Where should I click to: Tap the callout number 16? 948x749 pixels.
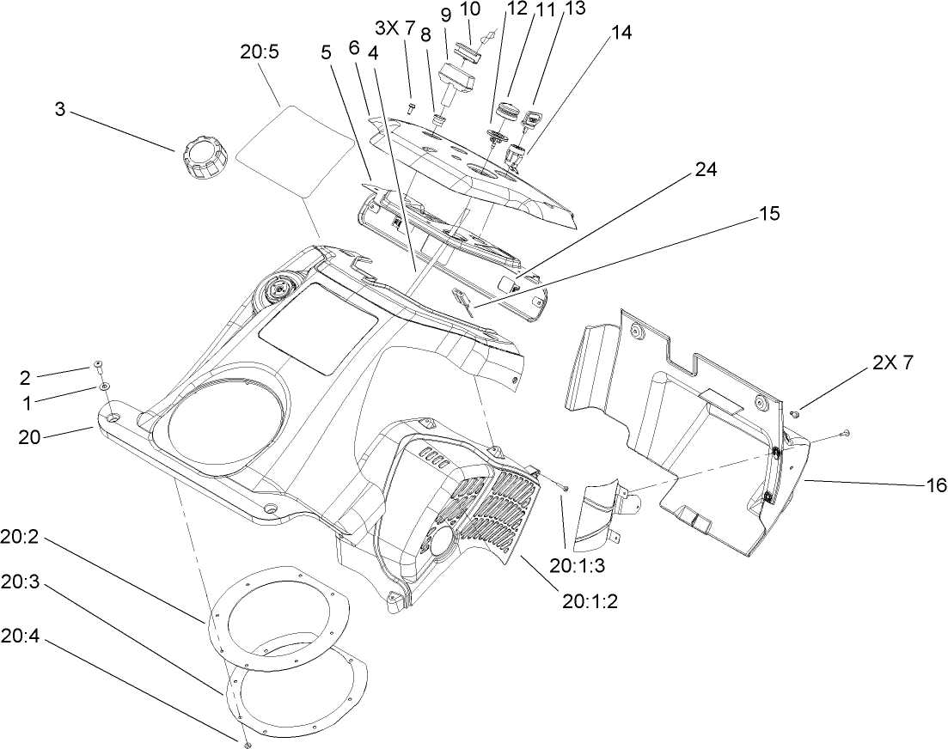[x=916, y=485]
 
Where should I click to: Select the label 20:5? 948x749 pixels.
[x=259, y=52]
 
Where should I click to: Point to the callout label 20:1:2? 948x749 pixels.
[x=590, y=600]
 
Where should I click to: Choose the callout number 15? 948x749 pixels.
[x=769, y=213]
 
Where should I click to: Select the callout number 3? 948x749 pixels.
[x=59, y=110]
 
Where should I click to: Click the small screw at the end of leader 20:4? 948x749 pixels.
[x=246, y=741]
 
